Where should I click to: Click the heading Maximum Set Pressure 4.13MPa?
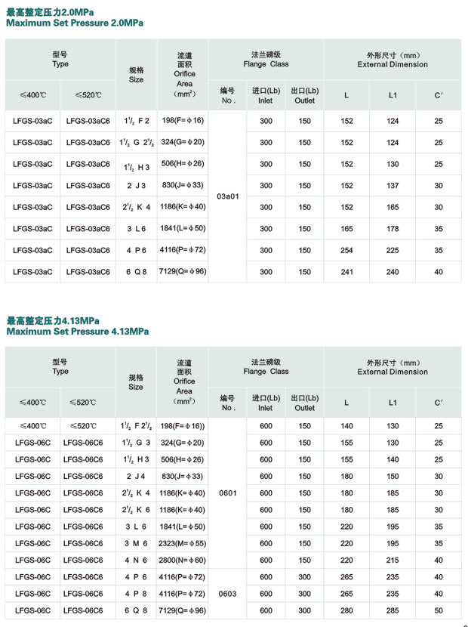pos(77,332)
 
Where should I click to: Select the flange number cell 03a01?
pos(227,196)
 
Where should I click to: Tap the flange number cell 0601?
pos(227,493)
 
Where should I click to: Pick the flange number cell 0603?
pos(227,594)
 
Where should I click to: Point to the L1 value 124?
pos(393,121)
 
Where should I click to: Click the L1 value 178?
pos(393,229)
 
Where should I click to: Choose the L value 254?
pos(346,251)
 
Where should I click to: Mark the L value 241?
pos(346,272)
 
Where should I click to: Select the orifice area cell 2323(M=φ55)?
pos(182,544)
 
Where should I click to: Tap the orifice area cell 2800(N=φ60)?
pos(182,561)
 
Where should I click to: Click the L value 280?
pos(346,610)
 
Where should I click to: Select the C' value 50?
pos(439,610)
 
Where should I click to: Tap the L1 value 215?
pos(393,561)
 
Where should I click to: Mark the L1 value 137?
pos(393,186)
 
